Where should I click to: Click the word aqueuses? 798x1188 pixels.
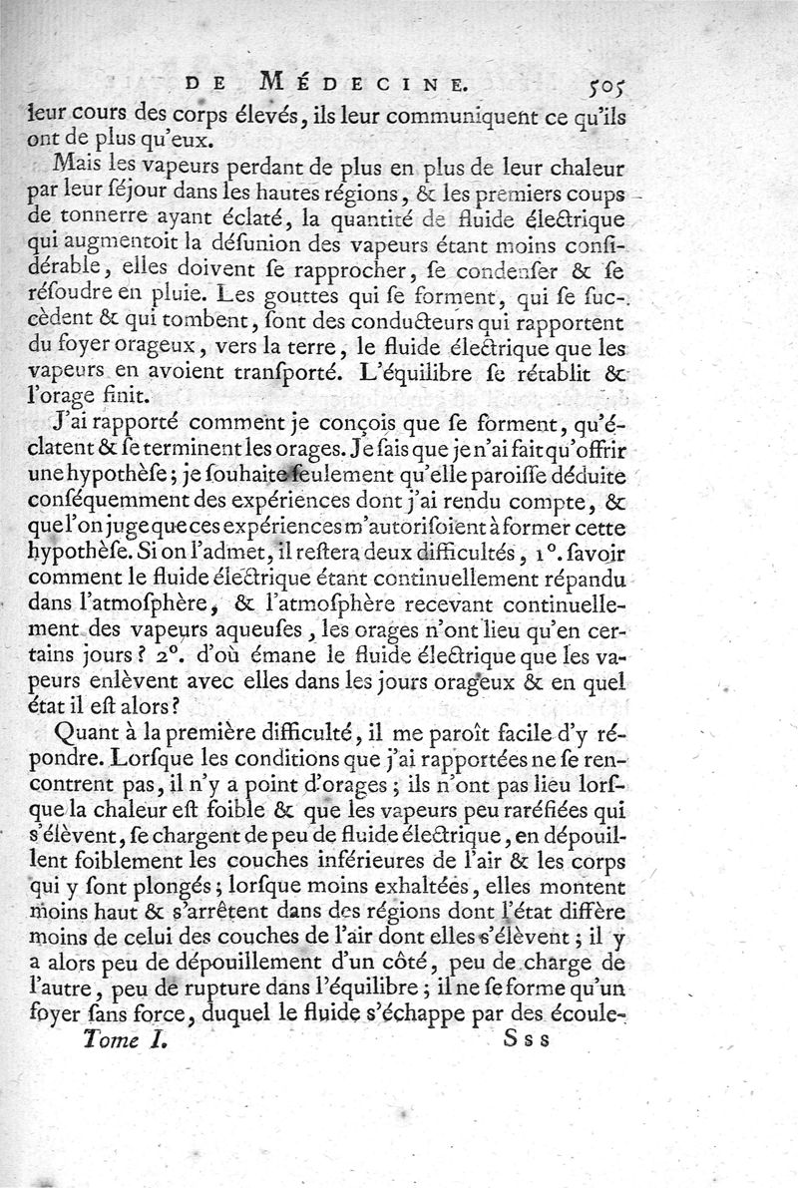(x=286, y=630)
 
